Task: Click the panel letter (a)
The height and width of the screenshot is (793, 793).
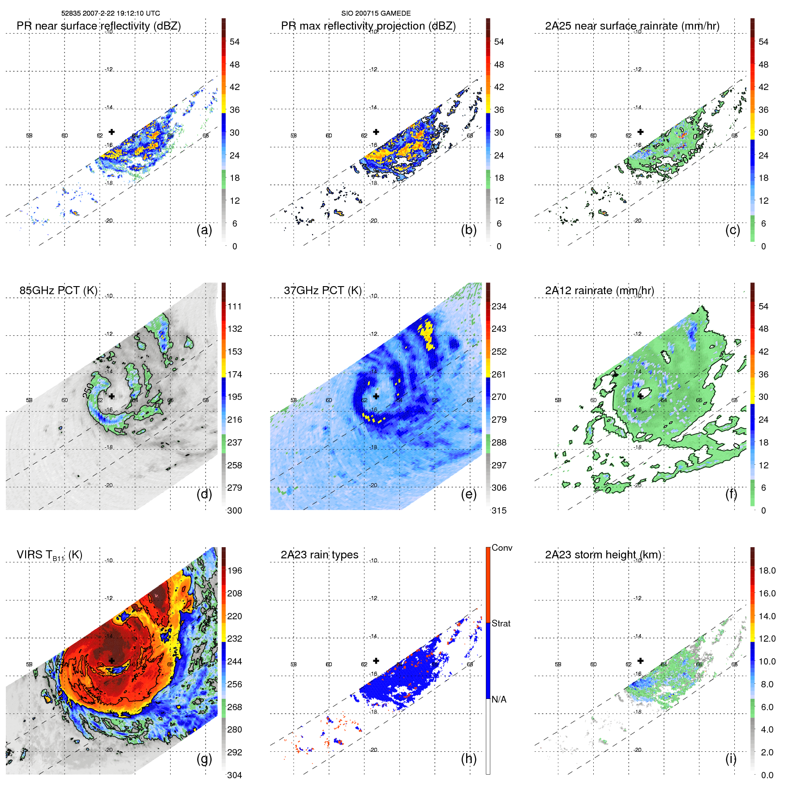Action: pos(204,230)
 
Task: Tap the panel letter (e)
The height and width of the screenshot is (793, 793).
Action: pos(469,494)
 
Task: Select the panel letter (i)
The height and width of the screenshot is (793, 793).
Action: pos(731,759)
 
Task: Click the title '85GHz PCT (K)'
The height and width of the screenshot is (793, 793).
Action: pos(58,290)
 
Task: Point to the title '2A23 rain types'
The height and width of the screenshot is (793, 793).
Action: pos(319,554)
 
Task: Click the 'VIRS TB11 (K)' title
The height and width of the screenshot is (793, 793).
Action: pos(49,555)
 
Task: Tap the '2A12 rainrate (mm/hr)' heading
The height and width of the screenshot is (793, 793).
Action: pos(599,290)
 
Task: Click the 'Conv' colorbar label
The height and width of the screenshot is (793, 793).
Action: pos(502,548)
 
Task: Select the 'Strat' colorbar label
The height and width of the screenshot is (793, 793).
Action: pos(501,623)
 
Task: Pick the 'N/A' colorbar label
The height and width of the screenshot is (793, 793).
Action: pos(498,699)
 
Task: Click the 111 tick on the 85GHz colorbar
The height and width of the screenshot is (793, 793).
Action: pos(234,306)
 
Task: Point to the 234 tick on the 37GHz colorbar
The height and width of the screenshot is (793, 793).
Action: pos(499,306)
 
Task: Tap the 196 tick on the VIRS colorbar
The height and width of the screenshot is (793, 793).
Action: pos(234,570)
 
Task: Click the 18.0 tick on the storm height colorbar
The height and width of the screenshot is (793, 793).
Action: pos(767,570)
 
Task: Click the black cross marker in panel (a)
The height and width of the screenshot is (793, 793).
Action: pos(111,132)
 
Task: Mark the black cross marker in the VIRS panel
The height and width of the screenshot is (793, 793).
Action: pos(111,660)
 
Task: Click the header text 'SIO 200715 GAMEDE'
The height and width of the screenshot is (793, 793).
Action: pos(376,13)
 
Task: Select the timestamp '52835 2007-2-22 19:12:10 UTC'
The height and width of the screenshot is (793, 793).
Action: pos(111,13)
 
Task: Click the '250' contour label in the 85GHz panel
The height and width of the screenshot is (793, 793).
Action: pos(88,390)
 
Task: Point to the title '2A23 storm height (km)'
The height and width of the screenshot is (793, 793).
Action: pos(603,554)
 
